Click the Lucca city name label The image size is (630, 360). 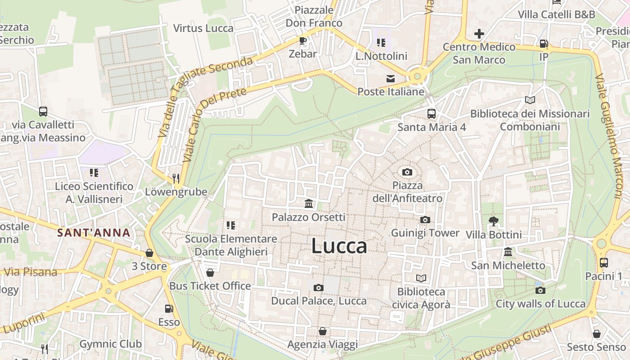coord(339,246)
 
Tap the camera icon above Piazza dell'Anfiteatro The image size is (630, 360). coord(407,172)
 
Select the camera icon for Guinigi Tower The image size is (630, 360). coord(425,220)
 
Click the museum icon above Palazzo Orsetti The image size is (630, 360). coord(309,204)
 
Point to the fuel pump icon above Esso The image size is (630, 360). coord(169,309)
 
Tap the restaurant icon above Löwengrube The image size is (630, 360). coord(176,178)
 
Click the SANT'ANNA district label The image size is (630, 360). coord(94,233)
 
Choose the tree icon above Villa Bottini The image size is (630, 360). coord(494,221)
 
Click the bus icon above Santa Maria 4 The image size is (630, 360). coord(431,113)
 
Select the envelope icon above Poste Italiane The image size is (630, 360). coord(391,78)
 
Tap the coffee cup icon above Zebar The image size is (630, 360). coord(303,40)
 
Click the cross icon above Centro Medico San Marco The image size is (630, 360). coord(479,33)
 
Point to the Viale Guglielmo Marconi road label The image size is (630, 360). coord(608,135)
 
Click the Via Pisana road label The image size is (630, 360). coord(31,272)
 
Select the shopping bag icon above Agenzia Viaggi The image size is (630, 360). coord(322,331)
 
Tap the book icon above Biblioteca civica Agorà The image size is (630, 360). coord(421,278)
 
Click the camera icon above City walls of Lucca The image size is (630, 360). coord(540,290)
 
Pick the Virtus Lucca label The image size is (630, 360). coord(203,28)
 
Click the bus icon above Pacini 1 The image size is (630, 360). coord(604,262)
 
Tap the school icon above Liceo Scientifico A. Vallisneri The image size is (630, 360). coord(94,172)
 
